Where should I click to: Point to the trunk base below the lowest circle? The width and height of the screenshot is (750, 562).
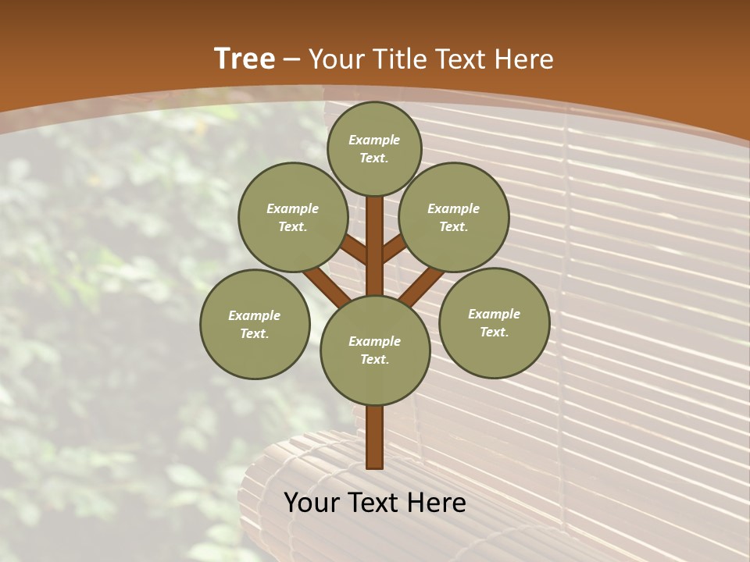pos(375,437)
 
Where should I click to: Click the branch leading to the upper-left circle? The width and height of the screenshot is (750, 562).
pos(353,250)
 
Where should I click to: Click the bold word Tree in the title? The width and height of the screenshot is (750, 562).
pos(245,59)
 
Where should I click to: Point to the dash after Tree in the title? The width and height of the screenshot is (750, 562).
pos(291,59)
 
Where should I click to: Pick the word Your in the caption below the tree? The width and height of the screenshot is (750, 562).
pos(312,503)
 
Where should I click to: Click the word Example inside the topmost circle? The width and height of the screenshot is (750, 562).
pos(374,140)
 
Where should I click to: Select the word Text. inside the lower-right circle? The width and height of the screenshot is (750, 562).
pos(494,332)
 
